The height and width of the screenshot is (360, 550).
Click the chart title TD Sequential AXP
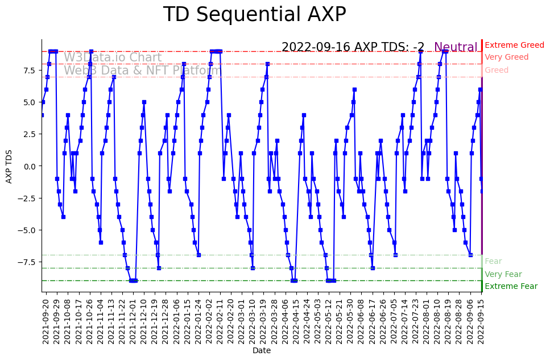pos(254,15)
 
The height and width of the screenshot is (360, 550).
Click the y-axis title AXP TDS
pos(9,166)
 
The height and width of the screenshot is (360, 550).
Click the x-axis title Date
pos(262,351)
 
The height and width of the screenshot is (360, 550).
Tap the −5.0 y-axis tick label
pos(28,230)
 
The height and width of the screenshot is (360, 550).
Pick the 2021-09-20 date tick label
pos(46,321)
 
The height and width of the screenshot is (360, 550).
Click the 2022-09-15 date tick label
pos(481,321)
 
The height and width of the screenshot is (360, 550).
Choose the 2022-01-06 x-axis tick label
pos(176,321)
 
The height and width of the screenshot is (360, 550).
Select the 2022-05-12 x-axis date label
pos(329,321)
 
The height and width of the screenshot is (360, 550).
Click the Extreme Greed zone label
pos(514,45)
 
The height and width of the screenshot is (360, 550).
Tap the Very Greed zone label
pos(506,57)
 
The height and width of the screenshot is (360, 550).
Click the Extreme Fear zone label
pos(511,287)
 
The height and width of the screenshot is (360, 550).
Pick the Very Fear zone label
pos(503,275)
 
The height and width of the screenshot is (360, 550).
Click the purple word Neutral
pos(456,48)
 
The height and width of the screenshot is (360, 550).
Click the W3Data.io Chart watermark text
pos(113,58)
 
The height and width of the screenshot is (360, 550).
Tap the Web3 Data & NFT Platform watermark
pos(142,71)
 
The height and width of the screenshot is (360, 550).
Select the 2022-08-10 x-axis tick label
pos(437,321)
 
